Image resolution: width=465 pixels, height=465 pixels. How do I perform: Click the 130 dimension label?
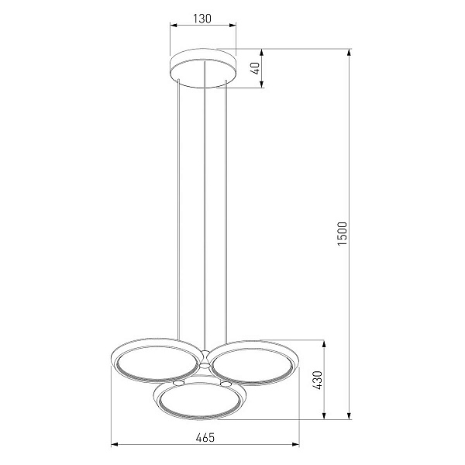tap(202, 19)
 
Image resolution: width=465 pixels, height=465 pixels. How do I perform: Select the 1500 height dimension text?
tap(343, 233)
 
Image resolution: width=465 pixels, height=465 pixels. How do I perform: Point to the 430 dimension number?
tap(317, 380)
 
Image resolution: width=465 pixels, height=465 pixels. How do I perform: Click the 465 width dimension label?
tap(205, 437)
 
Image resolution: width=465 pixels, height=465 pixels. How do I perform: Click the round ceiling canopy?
tap(203, 68)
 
